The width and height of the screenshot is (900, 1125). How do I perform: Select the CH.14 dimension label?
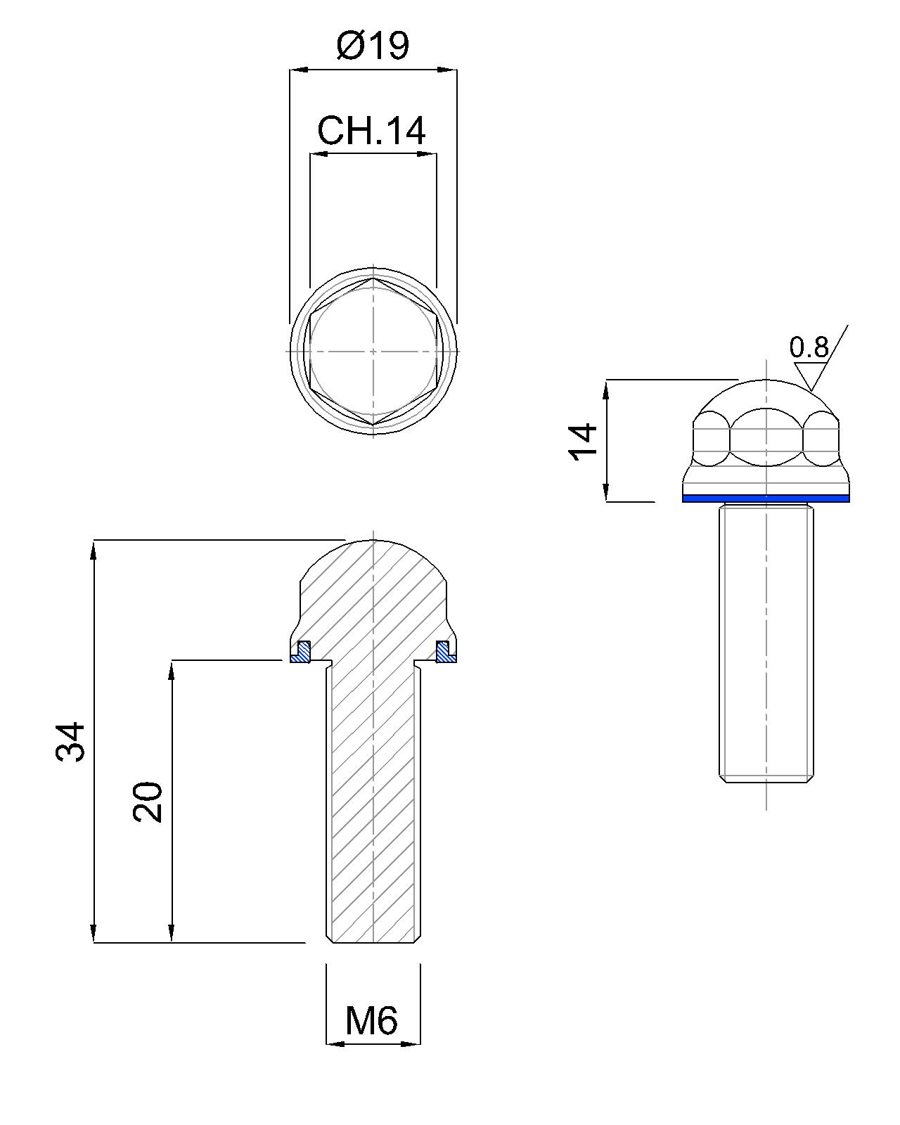point(371,131)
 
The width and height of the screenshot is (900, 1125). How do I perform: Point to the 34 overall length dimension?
point(70,741)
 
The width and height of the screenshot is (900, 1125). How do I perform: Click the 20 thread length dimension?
point(148,801)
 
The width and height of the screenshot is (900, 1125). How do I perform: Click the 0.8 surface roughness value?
point(809,347)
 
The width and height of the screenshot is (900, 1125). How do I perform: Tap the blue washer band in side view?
point(766,499)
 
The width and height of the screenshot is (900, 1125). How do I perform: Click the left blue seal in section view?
point(302,652)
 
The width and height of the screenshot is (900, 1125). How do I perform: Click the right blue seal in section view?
point(445,652)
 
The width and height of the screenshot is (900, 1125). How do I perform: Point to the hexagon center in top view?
point(373,350)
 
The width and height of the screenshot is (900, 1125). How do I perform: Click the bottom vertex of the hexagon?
point(373,425)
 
